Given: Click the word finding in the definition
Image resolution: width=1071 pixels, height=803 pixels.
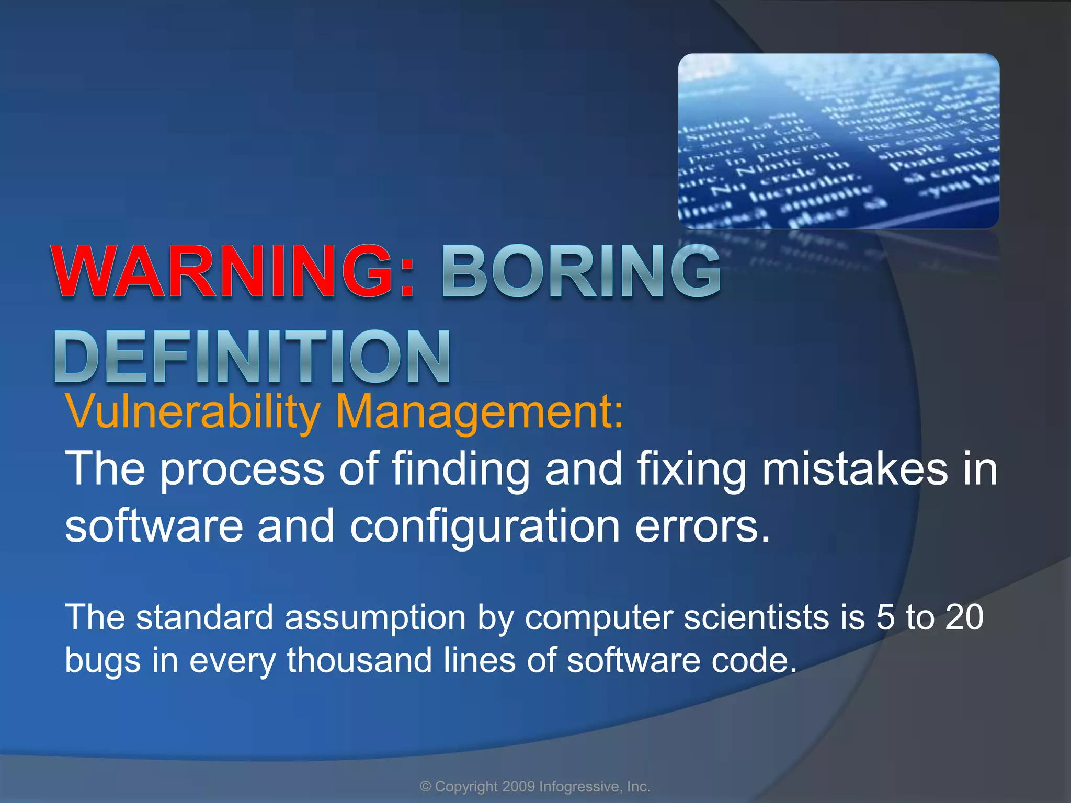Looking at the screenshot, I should [x=461, y=469].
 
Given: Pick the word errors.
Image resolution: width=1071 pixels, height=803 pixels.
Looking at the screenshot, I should [x=703, y=526].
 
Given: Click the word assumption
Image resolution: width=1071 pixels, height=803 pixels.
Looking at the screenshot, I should [x=375, y=618].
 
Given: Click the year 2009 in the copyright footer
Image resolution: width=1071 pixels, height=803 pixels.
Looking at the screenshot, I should [x=518, y=786].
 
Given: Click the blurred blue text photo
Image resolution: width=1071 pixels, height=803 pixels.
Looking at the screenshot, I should [x=838, y=141].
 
